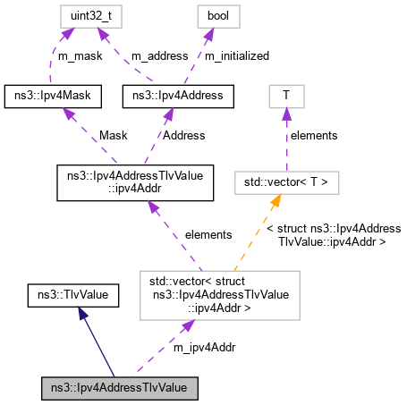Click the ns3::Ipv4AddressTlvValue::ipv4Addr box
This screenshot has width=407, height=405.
(x=134, y=180)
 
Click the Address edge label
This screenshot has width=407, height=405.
(x=182, y=136)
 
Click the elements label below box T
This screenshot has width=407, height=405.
(x=314, y=136)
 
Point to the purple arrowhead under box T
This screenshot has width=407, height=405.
(x=285, y=113)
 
